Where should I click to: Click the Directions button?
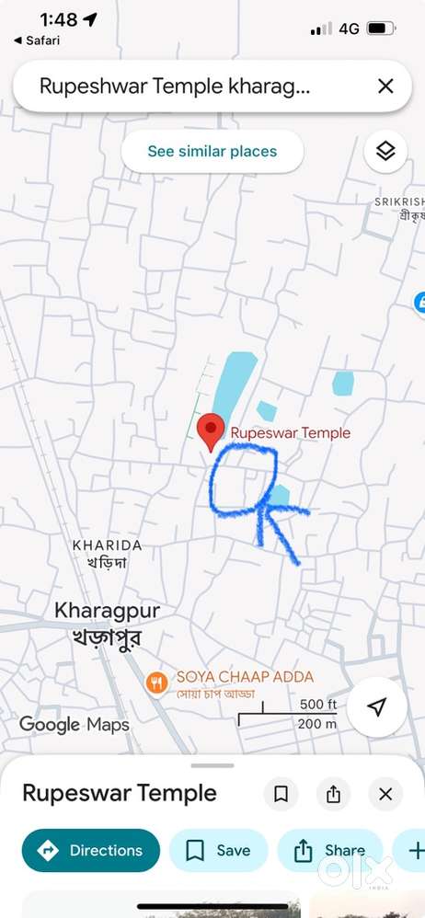91,851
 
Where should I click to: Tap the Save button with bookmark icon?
218,851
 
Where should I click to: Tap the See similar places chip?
212,152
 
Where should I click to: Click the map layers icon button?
385,152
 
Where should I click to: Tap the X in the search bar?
385,86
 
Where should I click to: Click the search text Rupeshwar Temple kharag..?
175,86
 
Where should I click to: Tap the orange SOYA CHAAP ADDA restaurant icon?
157,682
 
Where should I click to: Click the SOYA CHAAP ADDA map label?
245,677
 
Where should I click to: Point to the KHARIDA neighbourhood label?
107,545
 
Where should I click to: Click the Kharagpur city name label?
107,610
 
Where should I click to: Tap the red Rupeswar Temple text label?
290,432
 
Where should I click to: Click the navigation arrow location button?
376,706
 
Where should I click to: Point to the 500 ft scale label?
318,705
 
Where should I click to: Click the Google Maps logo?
75,725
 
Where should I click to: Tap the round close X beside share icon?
385,794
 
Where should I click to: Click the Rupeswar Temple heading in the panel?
120,793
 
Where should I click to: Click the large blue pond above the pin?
232,386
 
